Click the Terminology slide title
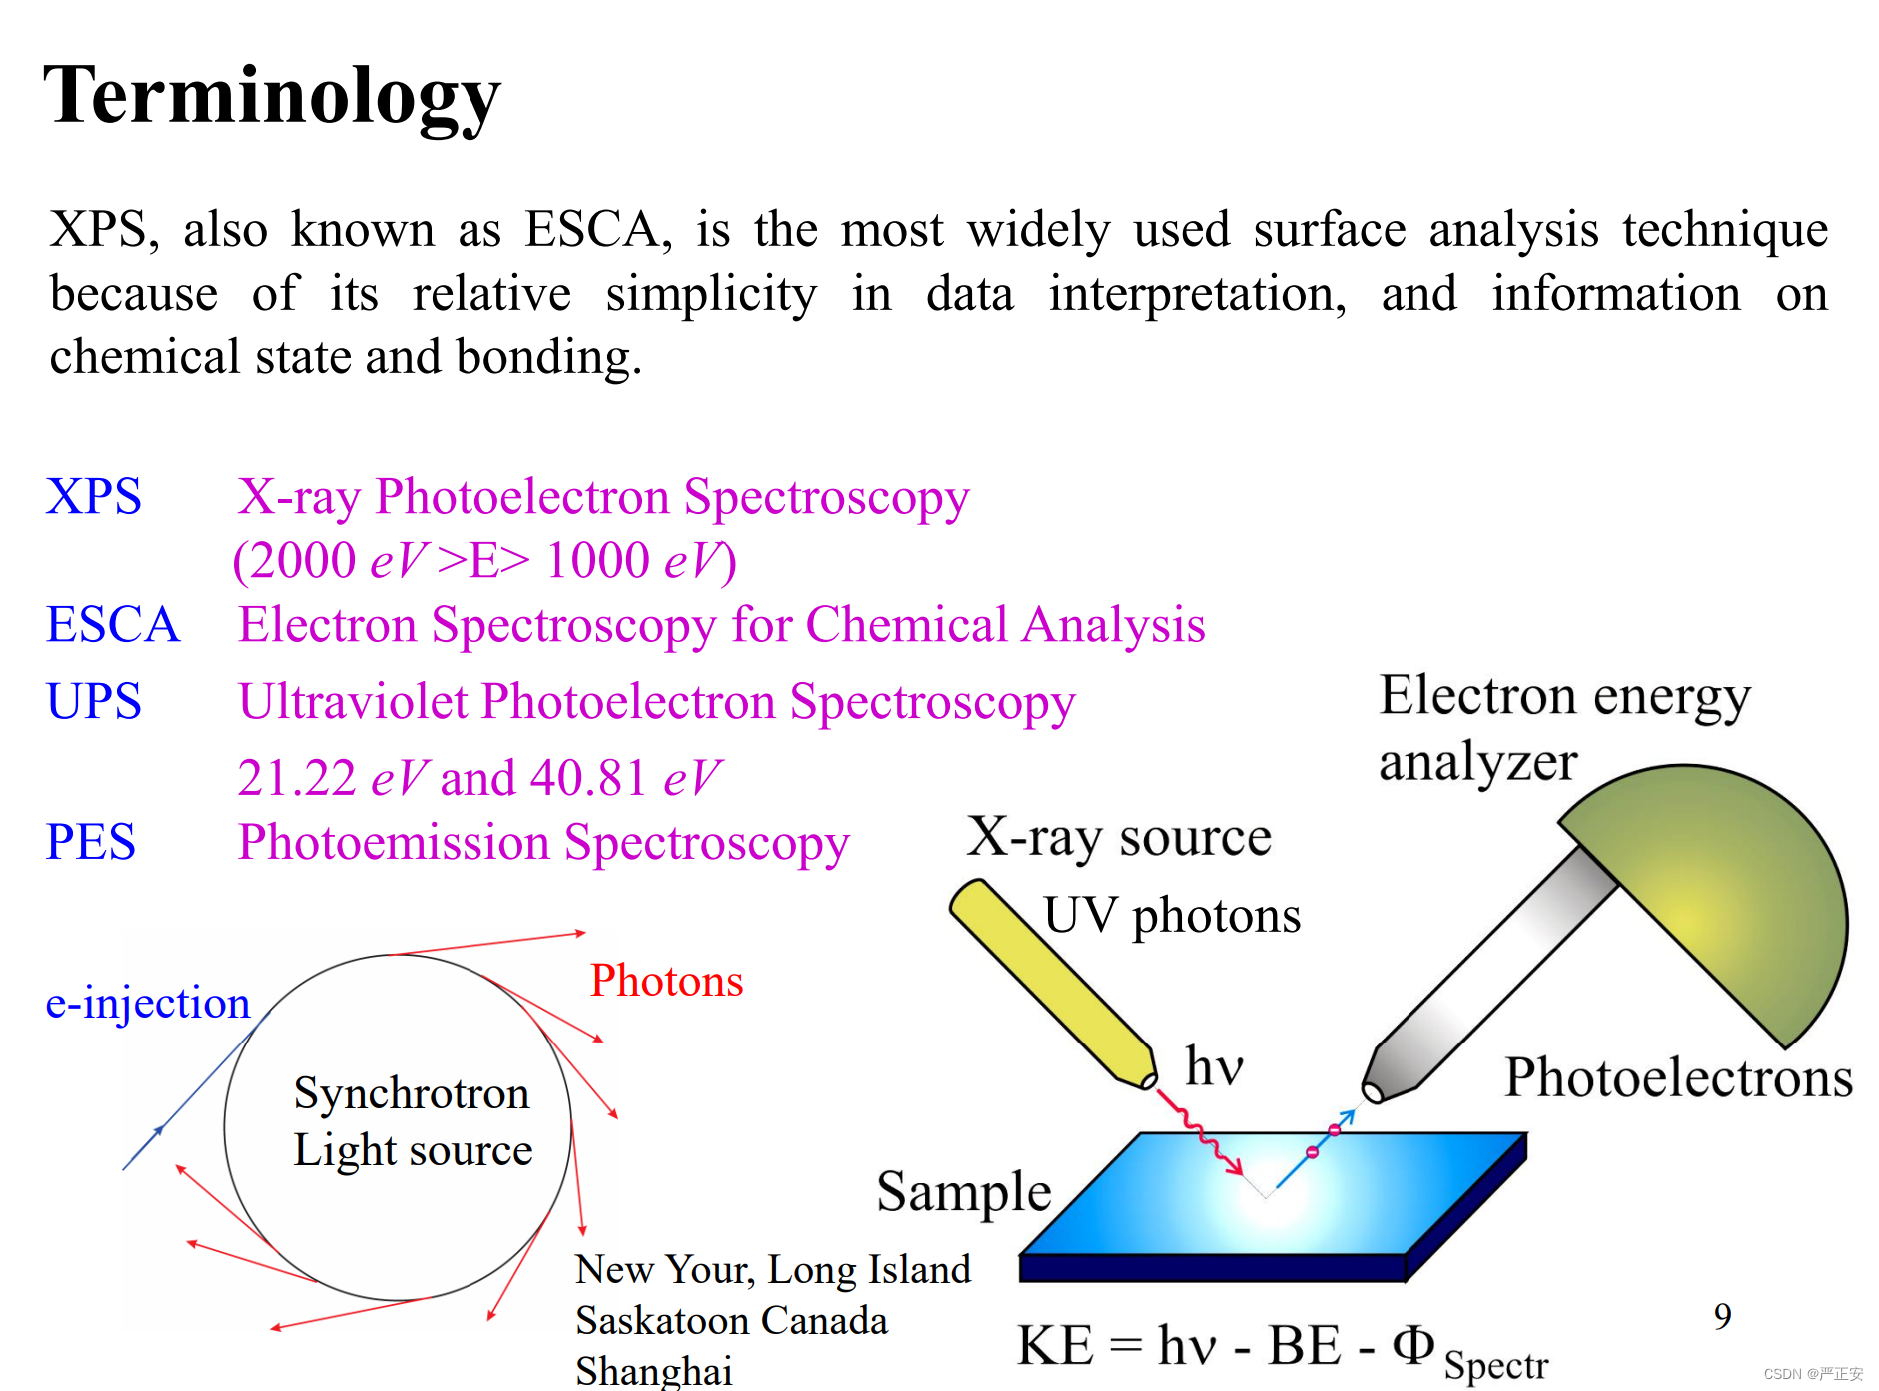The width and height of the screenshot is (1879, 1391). tap(272, 97)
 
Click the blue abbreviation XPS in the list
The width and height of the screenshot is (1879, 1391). tap(94, 497)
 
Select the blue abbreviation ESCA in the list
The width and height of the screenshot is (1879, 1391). tap(113, 625)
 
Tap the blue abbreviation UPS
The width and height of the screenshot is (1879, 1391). tap(94, 701)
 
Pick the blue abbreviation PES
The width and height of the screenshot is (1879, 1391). tap(91, 842)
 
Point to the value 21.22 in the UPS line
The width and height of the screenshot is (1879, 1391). tap(297, 778)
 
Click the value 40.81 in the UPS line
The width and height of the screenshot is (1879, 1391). tap(588, 778)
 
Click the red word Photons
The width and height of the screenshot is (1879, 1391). tap(666, 981)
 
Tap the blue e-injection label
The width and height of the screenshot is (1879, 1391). tap(148, 1003)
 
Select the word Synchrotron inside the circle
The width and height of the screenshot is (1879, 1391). tap(412, 1094)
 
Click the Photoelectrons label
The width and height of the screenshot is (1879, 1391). tap(1679, 1078)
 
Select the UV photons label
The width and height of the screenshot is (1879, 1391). tap(1172, 916)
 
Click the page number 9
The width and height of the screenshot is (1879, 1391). tap(1723, 1317)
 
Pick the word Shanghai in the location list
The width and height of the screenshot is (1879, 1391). tap(654, 1371)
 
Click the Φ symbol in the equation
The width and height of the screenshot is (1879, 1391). tap(1413, 1344)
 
